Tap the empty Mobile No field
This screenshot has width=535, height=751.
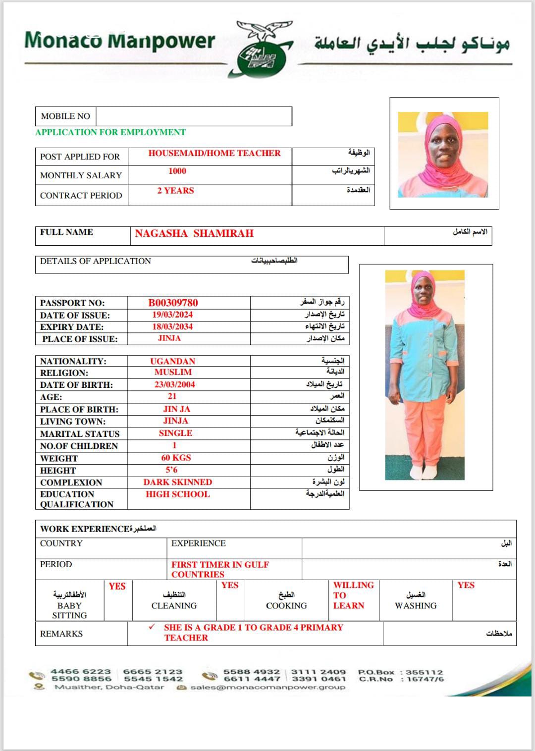pos(193,116)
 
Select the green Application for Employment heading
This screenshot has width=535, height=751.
pos(110,132)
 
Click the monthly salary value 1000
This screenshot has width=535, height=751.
pos(177,171)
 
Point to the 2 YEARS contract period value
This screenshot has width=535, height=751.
pos(175,191)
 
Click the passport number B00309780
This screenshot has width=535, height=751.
pos(173,303)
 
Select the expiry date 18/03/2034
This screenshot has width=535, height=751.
pos(172,327)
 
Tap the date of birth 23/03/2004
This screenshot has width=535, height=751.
pos(174,385)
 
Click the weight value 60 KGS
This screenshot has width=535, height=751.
pos(176,458)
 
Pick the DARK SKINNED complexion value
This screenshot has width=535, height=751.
pos(178,482)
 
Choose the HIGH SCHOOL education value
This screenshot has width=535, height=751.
pos(178,494)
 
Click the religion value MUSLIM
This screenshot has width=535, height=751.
pos(173,373)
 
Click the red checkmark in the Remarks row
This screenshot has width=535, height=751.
pos(152,627)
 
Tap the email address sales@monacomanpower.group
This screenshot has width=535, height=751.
pos(267,687)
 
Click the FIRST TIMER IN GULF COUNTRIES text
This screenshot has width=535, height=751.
pos(220,569)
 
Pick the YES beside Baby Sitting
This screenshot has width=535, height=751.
pos(117,587)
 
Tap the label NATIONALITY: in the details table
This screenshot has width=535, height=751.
pos(73,361)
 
